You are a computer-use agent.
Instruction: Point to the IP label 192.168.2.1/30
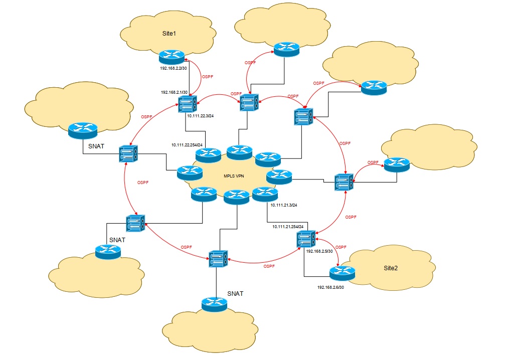coord(174,92)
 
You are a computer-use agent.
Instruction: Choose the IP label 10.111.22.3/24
coord(200,116)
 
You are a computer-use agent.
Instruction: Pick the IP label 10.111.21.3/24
coord(284,205)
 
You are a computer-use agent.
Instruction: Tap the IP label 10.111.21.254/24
coord(288,227)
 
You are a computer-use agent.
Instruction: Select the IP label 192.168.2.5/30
coord(319,251)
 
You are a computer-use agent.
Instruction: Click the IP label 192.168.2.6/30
coord(331,287)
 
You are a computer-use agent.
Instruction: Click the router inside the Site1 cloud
coord(172,56)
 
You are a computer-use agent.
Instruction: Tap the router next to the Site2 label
coord(342,272)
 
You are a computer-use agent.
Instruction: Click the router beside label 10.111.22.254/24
coord(208,154)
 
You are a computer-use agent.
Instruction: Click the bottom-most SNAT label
coord(235,293)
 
